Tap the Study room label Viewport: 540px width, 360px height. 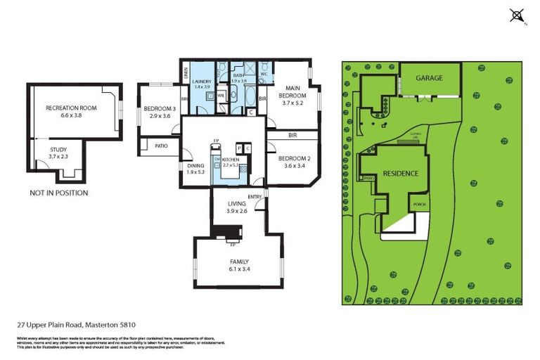(58, 150)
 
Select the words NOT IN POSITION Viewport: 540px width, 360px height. (58, 193)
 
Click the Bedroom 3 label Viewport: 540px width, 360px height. (160, 108)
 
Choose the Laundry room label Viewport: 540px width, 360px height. (202, 82)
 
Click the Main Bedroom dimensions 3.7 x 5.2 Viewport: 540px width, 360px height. (292, 103)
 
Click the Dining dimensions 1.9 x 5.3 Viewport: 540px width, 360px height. (195, 172)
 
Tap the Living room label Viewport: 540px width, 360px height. (237, 204)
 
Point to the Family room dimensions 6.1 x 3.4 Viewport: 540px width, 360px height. (238, 269)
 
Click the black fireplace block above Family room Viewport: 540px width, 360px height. (226, 232)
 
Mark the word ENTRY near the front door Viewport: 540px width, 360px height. (255, 196)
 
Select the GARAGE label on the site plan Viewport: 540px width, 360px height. (429, 78)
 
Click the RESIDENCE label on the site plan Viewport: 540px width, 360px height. (401, 173)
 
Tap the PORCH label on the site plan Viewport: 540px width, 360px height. (419, 205)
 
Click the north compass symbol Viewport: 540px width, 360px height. (517, 15)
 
